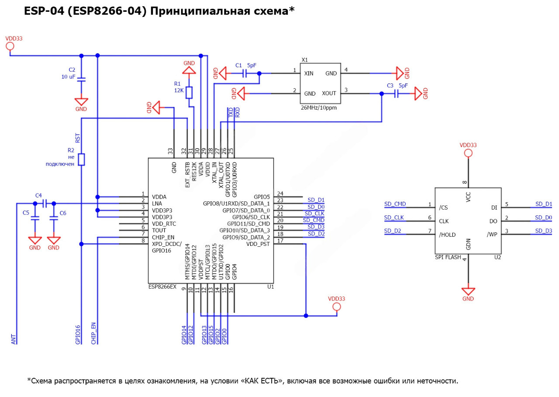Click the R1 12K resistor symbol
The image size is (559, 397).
[x=189, y=93]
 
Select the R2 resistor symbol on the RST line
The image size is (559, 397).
[x=81, y=159]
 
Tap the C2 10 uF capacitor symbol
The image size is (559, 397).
[x=81, y=79]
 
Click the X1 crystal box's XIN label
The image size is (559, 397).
[x=309, y=74]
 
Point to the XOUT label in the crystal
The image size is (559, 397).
[x=329, y=93]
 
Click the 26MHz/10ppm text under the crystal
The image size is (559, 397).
[x=319, y=107]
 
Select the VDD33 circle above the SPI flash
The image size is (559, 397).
[x=468, y=153]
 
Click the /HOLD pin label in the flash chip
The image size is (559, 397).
[x=447, y=235]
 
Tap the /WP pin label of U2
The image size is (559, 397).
[x=492, y=235]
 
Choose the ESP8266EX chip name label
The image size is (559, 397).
[x=162, y=287]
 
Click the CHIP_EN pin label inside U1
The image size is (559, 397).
[x=163, y=237]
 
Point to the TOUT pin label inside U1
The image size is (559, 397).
[x=159, y=230]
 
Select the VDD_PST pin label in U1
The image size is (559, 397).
[x=259, y=244]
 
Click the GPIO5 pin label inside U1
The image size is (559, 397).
[x=262, y=197]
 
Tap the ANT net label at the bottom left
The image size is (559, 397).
[x=14, y=339]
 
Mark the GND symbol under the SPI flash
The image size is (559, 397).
[x=468, y=292]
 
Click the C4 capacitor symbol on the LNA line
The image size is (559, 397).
[x=44, y=204]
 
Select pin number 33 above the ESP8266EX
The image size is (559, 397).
[x=170, y=151]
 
